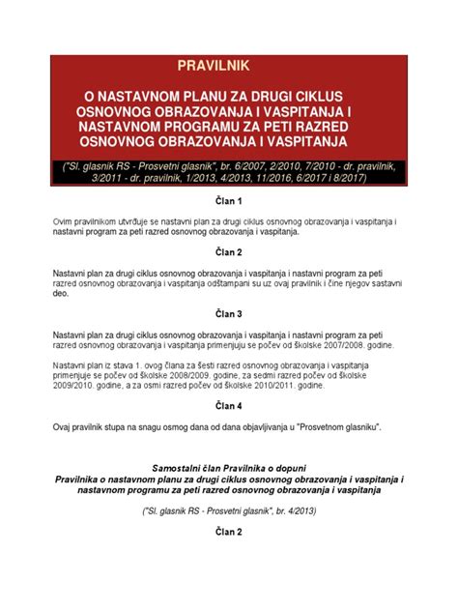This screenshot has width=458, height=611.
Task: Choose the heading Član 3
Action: click(229, 314)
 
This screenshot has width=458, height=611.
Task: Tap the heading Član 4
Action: click(229, 406)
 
